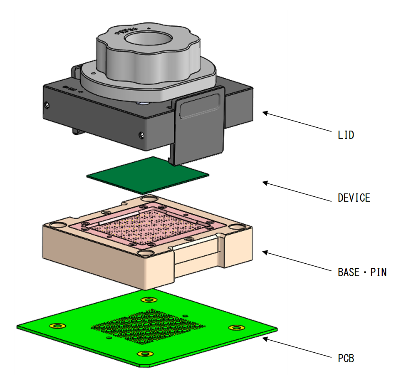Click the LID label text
coord(346,135)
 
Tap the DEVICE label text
coord(354,198)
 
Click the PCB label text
coord(346,358)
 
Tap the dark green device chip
coord(148,174)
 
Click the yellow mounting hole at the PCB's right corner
coord(236,328)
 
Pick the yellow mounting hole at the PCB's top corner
coord(148,300)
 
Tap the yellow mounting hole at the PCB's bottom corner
coord(144,354)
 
